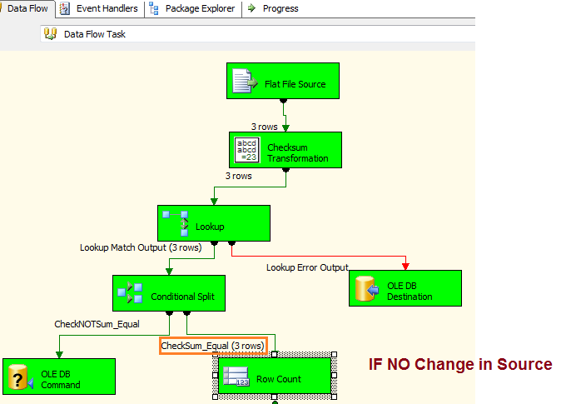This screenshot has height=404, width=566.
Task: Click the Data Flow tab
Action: click(x=27, y=8)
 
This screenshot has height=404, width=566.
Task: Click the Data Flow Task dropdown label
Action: click(x=95, y=34)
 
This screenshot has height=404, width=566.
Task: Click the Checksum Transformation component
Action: click(x=285, y=150)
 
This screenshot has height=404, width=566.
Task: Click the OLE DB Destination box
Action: click(x=405, y=289)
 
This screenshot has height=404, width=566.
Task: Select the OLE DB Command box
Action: click(x=58, y=377)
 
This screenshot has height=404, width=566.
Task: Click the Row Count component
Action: click(x=275, y=378)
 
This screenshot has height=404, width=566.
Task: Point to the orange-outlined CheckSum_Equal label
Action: click(x=213, y=346)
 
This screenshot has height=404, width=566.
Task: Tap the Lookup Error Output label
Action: click(x=307, y=267)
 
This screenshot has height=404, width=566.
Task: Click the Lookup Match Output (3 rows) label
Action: click(x=140, y=247)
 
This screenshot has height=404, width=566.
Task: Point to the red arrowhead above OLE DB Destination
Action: click(x=406, y=266)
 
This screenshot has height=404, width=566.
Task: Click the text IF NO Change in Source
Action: click(x=460, y=365)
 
